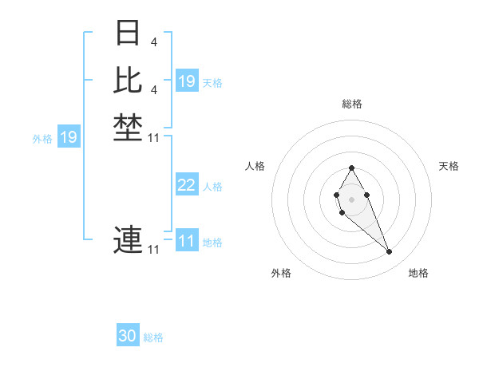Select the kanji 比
(x=128, y=80)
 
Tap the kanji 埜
(x=128, y=128)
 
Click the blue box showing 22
(x=187, y=185)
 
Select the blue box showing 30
(x=128, y=336)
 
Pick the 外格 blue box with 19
(x=69, y=137)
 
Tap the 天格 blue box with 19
(x=187, y=81)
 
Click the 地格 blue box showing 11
(x=187, y=241)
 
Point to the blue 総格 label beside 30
(x=153, y=337)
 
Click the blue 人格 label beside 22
(x=212, y=187)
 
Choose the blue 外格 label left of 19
(x=42, y=139)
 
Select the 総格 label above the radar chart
(x=352, y=104)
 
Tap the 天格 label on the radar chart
(x=449, y=166)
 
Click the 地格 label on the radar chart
(x=418, y=273)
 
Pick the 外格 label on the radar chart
(x=281, y=273)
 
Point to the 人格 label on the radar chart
(x=255, y=166)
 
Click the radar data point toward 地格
(x=390, y=252)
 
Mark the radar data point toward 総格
(x=352, y=168)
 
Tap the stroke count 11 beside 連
(x=154, y=250)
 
